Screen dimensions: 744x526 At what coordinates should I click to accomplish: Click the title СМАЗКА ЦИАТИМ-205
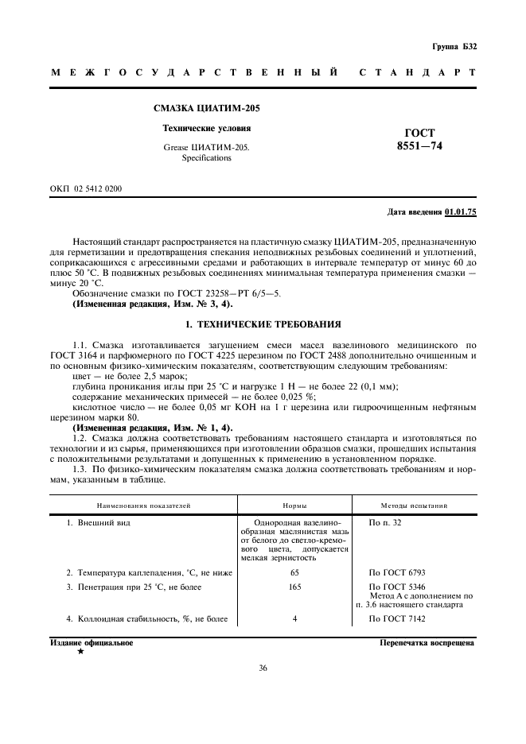pyautogui.click(x=206, y=108)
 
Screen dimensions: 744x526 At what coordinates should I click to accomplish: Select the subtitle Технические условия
pyautogui.click(x=206, y=128)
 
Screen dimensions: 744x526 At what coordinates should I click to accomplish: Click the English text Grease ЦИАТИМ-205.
pyautogui.click(x=206, y=147)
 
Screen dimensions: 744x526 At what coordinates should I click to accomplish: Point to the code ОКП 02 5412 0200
pyautogui.click(x=86, y=188)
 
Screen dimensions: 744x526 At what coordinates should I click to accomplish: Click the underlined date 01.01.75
pyautogui.click(x=461, y=212)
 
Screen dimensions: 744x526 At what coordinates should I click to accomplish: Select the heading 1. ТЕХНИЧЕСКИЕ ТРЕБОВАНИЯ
pyautogui.click(x=263, y=324)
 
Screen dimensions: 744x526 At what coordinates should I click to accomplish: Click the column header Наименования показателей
pyautogui.click(x=144, y=505)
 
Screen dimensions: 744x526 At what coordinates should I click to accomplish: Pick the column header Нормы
pyautogui.click(x=294, y=505)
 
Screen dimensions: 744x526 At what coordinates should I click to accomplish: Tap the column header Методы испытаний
pyautogui.click(x=415, y=505)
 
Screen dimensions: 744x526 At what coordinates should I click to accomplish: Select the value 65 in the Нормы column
pyautogui.click(x=294, y=572)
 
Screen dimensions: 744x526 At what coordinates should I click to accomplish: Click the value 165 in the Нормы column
pyautogui.click(x=294, y=587)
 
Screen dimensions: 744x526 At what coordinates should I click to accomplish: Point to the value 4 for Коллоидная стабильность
pyautogui.click(x=294, y=618)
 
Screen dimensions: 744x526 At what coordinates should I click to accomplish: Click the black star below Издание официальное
pyautogui.click(x=80, y=652)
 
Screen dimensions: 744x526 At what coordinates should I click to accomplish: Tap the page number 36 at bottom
pyautogui.click(x=263, y=668)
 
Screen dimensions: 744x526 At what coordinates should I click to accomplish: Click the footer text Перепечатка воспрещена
pyautogui.click(x=427, y=642)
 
